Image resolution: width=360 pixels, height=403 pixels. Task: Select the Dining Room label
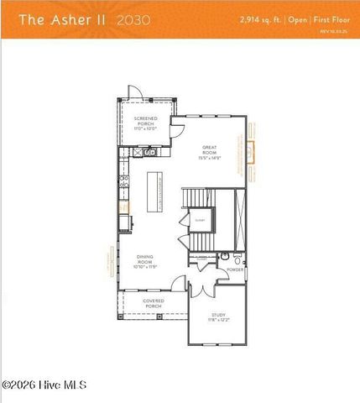(146, 262)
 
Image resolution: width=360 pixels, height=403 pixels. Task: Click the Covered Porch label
(153, 303)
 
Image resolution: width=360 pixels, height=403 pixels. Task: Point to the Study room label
(218, 318)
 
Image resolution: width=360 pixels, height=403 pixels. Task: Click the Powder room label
(236, 270)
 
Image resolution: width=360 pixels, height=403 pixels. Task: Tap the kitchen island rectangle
(154, 192)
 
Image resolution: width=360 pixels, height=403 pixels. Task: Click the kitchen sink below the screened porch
(149, 153)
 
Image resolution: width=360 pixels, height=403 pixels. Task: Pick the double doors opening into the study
(203, 291)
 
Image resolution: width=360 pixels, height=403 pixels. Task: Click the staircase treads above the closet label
(200, 201)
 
